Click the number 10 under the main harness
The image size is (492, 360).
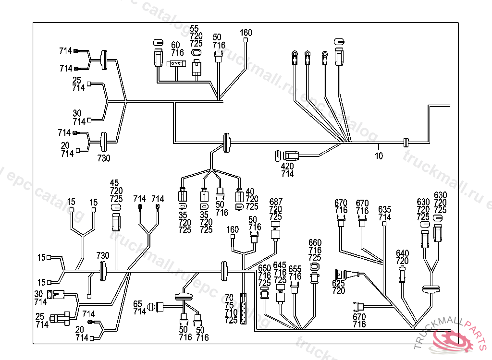pyautogui.click(x=379, y=156)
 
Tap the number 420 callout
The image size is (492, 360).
pyautogui.click(x=287, y=167)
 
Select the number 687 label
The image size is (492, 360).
pyautogui.click(x=276, y=201)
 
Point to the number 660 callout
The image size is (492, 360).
pyautogui.click(x=315, y=242)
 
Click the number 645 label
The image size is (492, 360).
pyautogui.click(x=280, y=265)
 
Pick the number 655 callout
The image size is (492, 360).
pyautogui.click(x=295, y=269)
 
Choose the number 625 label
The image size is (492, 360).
pyautogui.click(x=338, y=283)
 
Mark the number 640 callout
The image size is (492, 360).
pyautogui.click(x=402, y=253)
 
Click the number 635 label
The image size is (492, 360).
pyautogui.click(x=385, y=209)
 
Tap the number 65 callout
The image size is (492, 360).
pyautogui.click(x=138, y=303)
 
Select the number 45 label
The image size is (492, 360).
pyautogui.click(x=114, y=183)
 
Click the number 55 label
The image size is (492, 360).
pyautogui.click(x=194, y=29)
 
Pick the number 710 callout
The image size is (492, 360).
pyautogui.click(x=231, y=313)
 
